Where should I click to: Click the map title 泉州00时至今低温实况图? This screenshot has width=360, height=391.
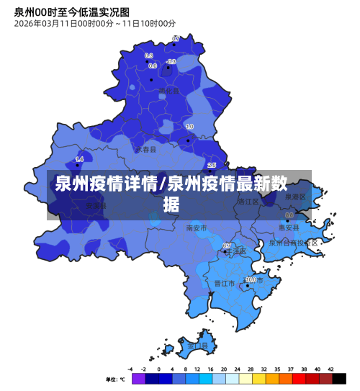(x=72, y=12)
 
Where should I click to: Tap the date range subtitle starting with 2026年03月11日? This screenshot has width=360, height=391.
(x=94, y=24)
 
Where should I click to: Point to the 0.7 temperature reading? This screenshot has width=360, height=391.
(x=176, y=38)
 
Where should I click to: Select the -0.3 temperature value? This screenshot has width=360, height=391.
(x=171, y=62)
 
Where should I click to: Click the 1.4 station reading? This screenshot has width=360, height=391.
(x=79, y=159)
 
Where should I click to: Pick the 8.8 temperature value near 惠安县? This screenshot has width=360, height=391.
(x=289, y=215)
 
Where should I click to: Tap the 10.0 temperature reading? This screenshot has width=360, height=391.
(x=251, y=279)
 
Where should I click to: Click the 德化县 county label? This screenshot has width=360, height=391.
(x=169, y=90)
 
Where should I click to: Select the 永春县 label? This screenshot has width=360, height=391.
(x=146, y=150)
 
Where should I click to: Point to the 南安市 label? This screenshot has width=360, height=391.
(x=196, y=228)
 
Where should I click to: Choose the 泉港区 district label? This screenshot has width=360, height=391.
(x=295, y=196)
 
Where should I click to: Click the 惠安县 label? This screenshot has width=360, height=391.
(x=289, y=227)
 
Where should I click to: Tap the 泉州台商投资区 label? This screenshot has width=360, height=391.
(x=293, y=243)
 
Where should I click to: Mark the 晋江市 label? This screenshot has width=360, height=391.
(x=225, y=284)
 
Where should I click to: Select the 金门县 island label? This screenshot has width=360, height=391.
(x=197, y=346)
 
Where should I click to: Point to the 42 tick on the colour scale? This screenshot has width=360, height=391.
(x=331, y=369)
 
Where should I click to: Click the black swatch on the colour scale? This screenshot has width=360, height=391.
(x=338, y=378)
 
